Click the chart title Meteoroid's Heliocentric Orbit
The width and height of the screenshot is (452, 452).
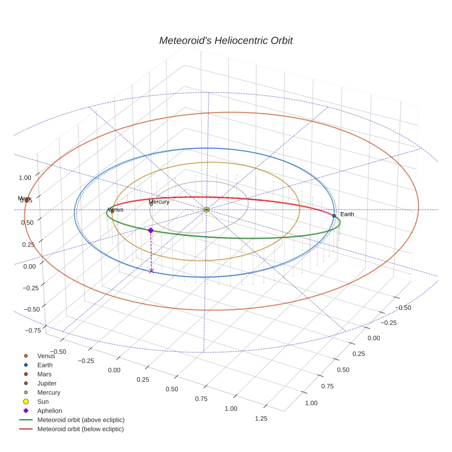pos(226,40)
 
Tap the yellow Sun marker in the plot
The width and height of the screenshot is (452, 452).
pos(206,209)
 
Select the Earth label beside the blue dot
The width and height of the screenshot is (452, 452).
pos(347,215)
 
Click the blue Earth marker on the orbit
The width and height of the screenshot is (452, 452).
pos(334,215)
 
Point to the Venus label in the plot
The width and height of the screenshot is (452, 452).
pos(115,209)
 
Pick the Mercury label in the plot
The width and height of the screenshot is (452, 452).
pos(159,202)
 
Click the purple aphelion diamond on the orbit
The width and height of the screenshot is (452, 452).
pos(151,230)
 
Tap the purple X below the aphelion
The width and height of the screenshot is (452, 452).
pos(152,271)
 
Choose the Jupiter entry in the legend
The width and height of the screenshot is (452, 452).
pos(46,383)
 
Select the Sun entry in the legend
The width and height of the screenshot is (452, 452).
pos(43,401)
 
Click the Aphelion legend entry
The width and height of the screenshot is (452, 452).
pos(50,411)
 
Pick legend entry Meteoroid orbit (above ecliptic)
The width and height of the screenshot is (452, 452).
pos(81,420)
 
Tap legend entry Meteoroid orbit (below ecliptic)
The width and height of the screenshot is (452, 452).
pos(80,429)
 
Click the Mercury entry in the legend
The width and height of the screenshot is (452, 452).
pos(49,392)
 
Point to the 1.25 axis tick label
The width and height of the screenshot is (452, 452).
pos(261,418)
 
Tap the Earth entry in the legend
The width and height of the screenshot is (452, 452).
pos(45,365)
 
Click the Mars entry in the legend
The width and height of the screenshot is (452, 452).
pos(44,374)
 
